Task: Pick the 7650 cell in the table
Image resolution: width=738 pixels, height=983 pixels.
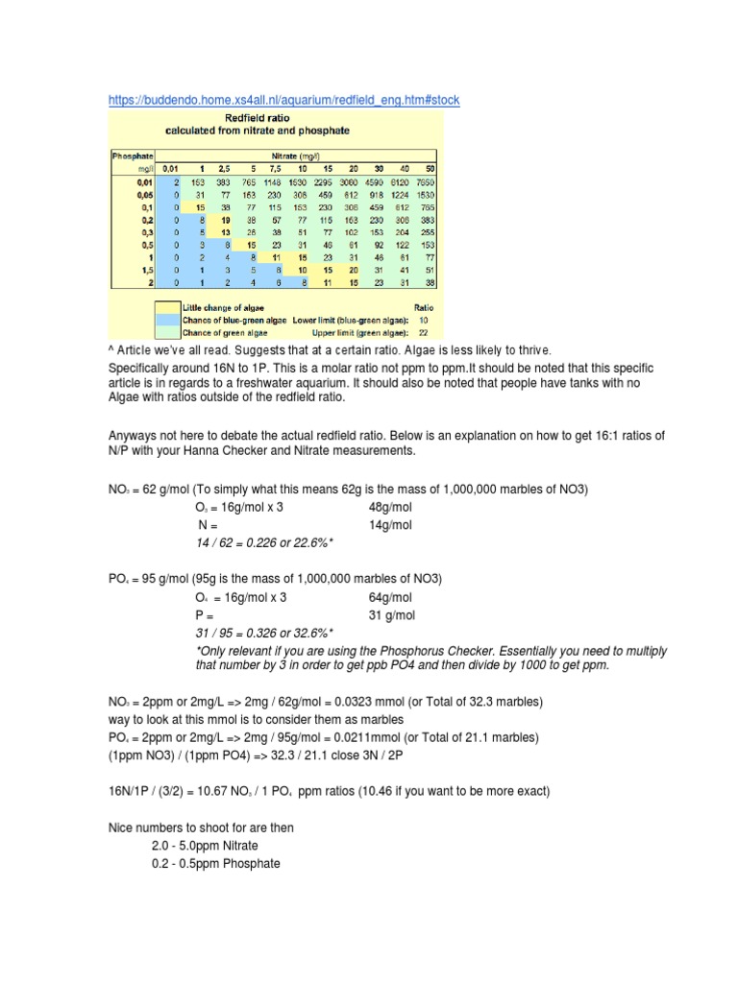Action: point(425,180)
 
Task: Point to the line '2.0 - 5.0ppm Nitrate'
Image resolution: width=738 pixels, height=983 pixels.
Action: point(205,845)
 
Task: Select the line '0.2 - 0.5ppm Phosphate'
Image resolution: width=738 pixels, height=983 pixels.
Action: point(215,863)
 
